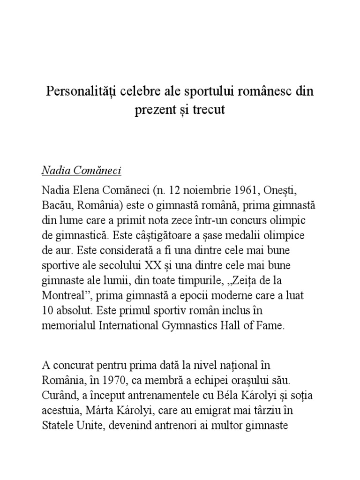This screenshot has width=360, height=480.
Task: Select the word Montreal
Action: [x=63, y=296]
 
